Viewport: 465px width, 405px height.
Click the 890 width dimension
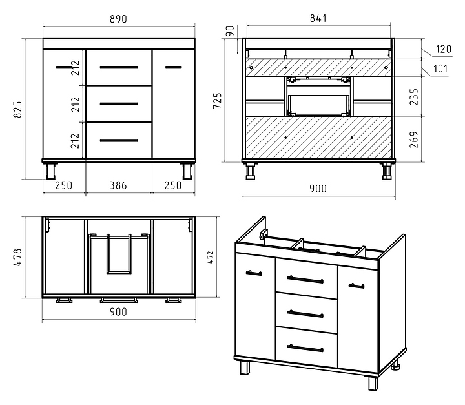(x=118, y=19)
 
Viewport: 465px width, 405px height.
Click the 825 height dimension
(x=18, y=109)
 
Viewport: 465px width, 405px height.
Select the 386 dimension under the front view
(x=118, y=186)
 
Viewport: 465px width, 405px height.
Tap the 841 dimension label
(x=318, y=18)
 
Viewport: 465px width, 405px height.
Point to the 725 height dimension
(x=218, y=101)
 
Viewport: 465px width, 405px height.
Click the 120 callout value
(x=443, y=49)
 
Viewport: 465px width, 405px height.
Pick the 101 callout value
(x=440, y=69)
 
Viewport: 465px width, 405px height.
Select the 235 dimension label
(x=414, y=97)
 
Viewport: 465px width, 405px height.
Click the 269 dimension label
(x=414, y=140)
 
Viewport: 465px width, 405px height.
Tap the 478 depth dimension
(x=18, y=257)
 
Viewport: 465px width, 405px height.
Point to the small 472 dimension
(x=211, y=257)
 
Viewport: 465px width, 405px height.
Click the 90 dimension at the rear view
(x=230, y=31)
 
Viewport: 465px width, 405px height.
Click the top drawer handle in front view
(x=119, y=67)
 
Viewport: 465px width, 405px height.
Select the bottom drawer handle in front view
(x=119, y=140)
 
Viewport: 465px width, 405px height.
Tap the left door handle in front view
(x=64, y=67)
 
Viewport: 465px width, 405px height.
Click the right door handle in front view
(x=174, y=67)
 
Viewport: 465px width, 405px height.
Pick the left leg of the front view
(x=51, y=171)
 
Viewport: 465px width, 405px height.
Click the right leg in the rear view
(x=387, y=171)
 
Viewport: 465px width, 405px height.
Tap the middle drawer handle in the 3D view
(x=305, y=313)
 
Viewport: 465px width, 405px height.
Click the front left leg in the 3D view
(x=245, y=368)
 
